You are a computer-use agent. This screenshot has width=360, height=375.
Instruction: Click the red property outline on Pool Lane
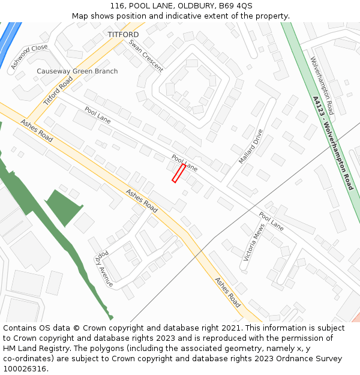(179, 173)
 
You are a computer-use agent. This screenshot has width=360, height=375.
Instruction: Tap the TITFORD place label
(123, 35)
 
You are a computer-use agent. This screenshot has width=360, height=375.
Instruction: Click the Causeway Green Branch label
(77, 71)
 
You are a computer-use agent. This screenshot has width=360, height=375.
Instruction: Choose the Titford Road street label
(58, 90)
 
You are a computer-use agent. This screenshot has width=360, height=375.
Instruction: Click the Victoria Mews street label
(254, 242)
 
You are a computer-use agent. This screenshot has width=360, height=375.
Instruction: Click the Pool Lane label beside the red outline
(185, 162)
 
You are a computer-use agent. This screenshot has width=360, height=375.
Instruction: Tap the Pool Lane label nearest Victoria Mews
(271, 221)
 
